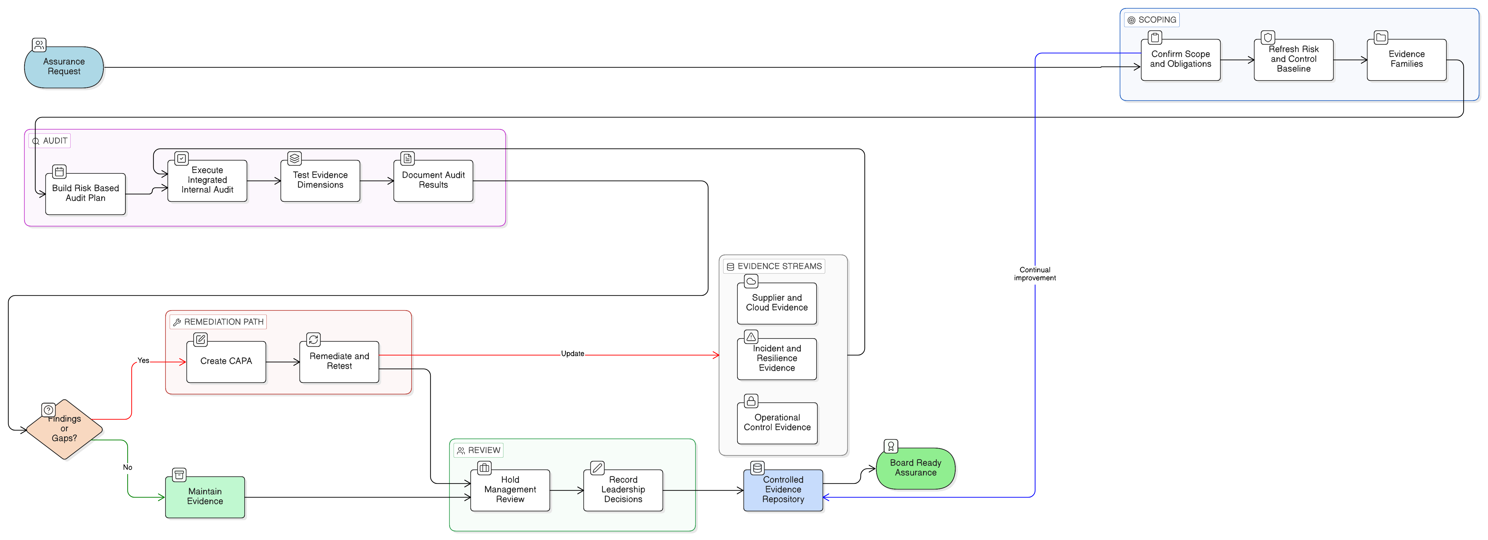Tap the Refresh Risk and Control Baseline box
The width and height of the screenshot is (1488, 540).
tap(1293, 60)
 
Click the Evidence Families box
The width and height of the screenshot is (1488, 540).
tap(1407, 60)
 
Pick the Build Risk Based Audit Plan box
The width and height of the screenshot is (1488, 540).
tap(85, 193)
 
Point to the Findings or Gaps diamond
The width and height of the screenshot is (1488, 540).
tap(64, 429)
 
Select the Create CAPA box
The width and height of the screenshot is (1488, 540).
tap(226, 361)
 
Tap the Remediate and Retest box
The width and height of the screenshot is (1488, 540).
tap(339, 361)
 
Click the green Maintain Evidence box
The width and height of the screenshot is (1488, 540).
tap(205, 497)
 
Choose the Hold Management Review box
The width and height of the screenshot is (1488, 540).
tap(510, 490)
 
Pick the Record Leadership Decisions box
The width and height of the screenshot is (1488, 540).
tap(623, 490)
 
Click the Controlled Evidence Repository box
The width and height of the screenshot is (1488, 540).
tap(783, 490)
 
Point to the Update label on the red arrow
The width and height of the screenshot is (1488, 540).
tap(572, 353)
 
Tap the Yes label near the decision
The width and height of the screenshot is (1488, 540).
tap(143, 360)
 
